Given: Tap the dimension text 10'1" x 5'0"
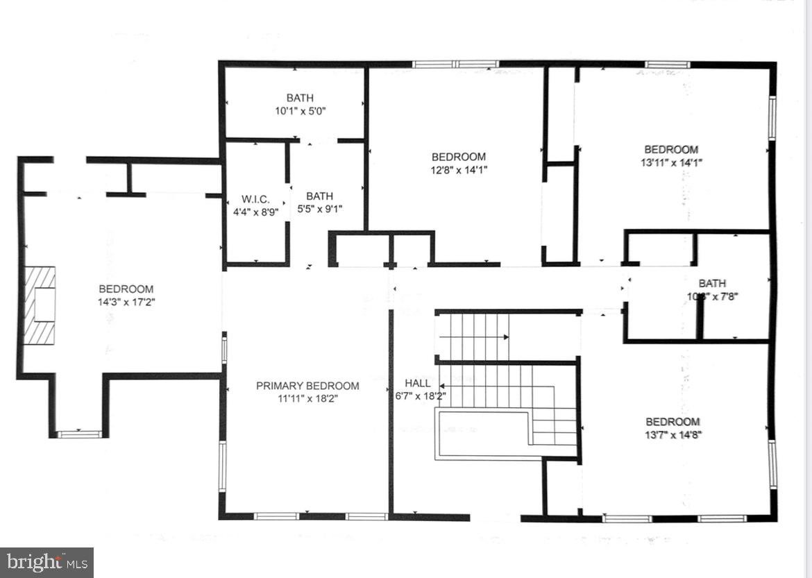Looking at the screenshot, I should [x=300, y=110].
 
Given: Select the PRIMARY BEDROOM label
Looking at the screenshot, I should [x=307, y=386].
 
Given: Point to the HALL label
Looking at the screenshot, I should [x=417, y=383].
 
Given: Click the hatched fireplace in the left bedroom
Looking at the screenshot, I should [x=40, y=305].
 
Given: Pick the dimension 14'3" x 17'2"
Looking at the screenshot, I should [x=126, y=302].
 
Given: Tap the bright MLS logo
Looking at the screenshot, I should [x=46, y=563].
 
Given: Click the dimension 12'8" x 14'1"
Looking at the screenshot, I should [x=459, y=169].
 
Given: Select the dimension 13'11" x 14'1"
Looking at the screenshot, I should [x=671, y=162].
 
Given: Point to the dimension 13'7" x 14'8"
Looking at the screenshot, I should [x=673, y=434].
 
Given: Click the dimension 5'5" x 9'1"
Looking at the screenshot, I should [x=319, y=208].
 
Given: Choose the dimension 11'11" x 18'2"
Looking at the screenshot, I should [x=307, y=398].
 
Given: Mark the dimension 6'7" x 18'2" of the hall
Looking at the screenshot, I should [x=416, y=396].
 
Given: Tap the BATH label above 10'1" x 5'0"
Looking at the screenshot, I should [x=300, y=98].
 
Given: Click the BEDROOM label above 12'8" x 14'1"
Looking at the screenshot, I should [x=459, y=157].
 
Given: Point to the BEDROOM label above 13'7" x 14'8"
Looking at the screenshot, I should [x=673, y=422].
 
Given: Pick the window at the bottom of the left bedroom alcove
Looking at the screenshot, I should [x=78, y=434].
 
